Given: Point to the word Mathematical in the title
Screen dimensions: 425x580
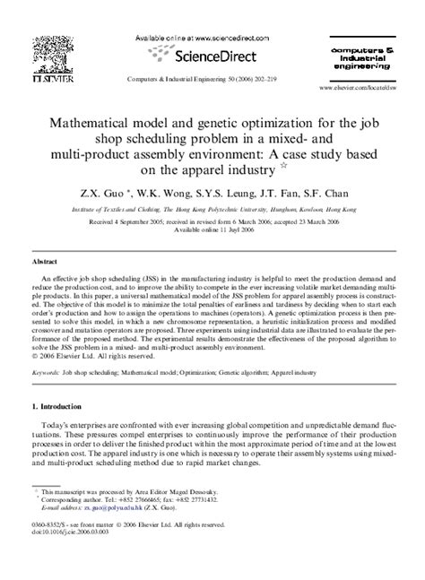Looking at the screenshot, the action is pyautogui.click(x=100, y=115).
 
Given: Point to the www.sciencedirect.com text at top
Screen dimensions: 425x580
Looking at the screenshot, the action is pyautogui.click(x=225, y=39).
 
